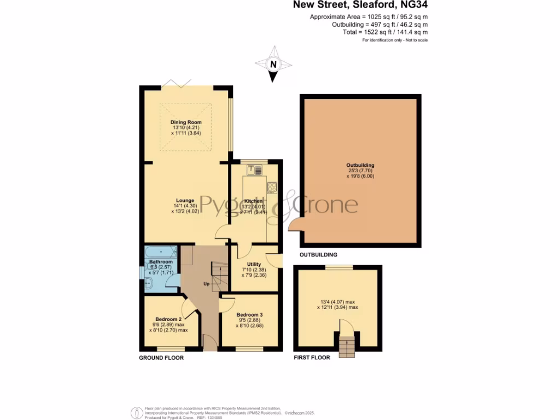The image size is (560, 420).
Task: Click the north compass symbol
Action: [x=273, y=65]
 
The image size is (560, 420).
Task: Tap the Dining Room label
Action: [x=186, y=122]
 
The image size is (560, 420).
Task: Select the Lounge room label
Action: [x=185, y=200]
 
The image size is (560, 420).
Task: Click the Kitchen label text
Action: [x=253, y=201]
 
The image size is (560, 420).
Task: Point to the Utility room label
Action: [x=254, y=264]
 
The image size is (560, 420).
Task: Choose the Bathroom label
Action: [x=161, y=262]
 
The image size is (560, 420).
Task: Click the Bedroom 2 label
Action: [x=168, y=319]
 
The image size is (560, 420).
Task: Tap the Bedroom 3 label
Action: [x=249, y=315]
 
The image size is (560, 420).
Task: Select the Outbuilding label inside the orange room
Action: [x=360, y=165]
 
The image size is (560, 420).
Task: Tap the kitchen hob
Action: [x=272, y=188]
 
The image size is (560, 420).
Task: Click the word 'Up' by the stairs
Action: [x=206, y=284]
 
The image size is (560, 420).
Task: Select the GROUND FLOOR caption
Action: [x=161, y=358]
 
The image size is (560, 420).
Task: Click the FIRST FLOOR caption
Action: [x=312, y=358]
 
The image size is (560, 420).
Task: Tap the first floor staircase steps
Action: [x=346, y=346]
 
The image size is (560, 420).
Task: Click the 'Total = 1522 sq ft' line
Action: [x=382, y=33]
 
